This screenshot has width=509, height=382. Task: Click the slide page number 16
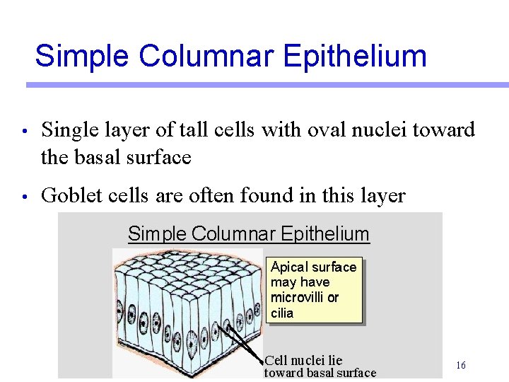460,366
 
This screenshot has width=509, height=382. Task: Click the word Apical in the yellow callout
289,267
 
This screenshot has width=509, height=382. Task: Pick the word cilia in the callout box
282,313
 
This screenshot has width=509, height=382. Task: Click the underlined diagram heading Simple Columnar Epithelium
248,233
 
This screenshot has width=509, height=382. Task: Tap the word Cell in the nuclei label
276,361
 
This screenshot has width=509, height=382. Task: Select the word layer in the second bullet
382,195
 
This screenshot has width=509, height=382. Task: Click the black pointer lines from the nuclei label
244,343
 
